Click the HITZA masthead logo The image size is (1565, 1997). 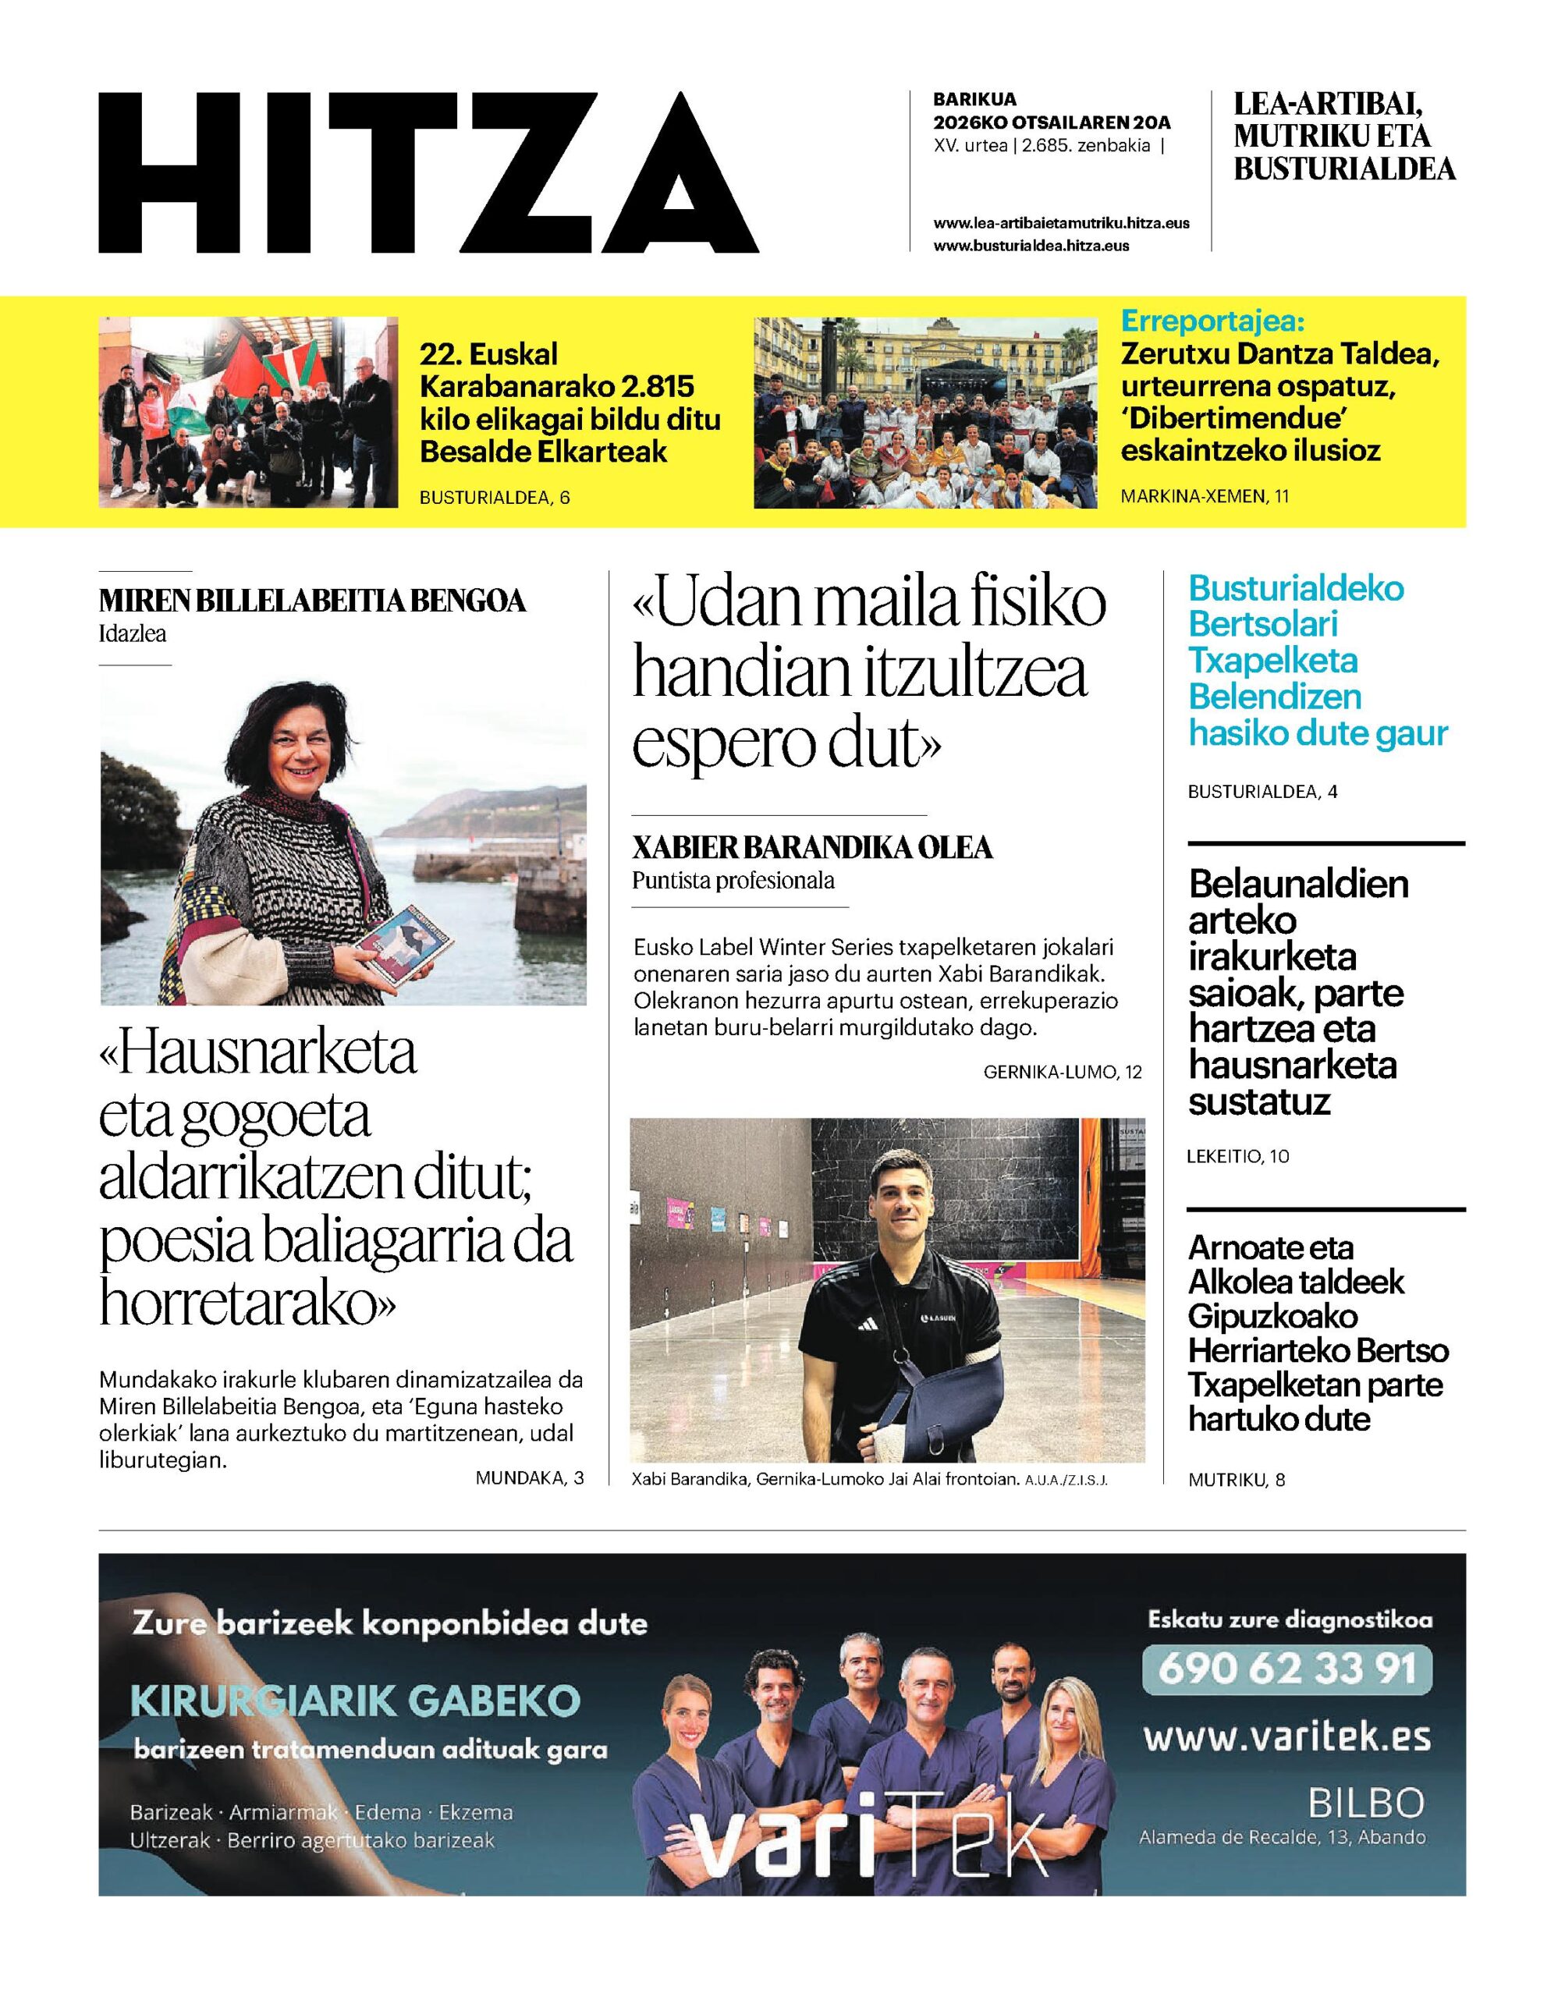pyautogui.click(x=428, y=173)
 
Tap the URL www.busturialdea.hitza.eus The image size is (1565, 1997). pyautogui.click(x=1031, y=246)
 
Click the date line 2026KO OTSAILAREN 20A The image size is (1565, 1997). pyautogui.click(x=1052, y=122)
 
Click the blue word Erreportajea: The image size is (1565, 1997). pyautogui.click(x=1212, y=322)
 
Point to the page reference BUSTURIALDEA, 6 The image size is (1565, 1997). pyautogui.click(x=494, y=498)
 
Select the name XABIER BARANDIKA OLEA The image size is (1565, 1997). pyautogui.click(x=812, y=848)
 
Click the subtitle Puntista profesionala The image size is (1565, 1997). pyautogui.click(x=733, y=881)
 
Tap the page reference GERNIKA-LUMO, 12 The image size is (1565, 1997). pyautogui.click(x=1062, y=1072)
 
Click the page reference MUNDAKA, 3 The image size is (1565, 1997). pyautogui.click(x=530, y=1477)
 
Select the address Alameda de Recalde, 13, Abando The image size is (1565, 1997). pyautogui.click(x=1282, y=1836)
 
